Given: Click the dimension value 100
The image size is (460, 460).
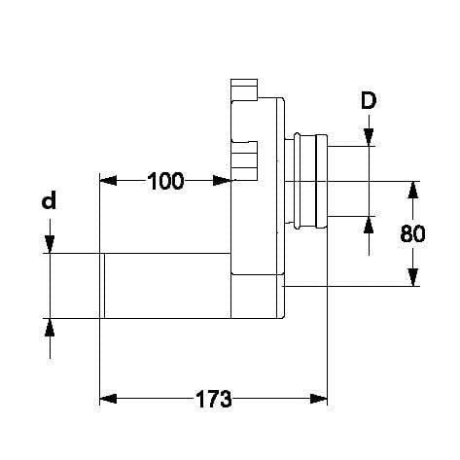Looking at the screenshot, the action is [x=165, y=181].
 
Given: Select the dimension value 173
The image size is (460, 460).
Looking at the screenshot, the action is [x=214, y=399].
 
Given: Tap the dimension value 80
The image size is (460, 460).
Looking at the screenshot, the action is [x=412, y=233].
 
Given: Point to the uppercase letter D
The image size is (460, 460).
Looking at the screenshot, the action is [x=369, y=100].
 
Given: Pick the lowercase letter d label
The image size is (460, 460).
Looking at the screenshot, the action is [x=49, y=200].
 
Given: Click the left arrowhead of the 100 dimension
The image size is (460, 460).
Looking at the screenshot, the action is [x=108, y=181].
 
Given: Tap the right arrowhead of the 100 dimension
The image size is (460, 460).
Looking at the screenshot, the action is [x=222, y=181].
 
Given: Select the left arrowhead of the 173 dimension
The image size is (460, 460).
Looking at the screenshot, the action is [x=108, y=399].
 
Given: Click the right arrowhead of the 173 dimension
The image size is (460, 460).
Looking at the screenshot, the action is [x=319, y=399].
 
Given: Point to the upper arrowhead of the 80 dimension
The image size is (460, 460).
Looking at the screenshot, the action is [x=412, y=190].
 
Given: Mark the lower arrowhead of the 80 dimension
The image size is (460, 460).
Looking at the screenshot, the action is [x=412, y=277].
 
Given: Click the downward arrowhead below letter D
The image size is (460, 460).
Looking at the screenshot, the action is [x=369, y=137].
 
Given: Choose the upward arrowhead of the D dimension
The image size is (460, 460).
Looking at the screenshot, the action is [x=369, y=225].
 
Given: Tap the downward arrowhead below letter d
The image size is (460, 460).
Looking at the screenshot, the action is [x=50, y=244].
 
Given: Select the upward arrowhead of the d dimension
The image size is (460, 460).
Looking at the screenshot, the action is [x=50, y=328].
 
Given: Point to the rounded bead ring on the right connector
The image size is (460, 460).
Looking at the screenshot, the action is [x=297, y=181].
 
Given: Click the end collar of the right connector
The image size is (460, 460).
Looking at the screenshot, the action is [x=321, y=181].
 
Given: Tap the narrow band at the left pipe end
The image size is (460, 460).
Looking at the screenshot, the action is [x=102, y=286].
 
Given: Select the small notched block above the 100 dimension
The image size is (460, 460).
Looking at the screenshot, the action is [x=244, y=160].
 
